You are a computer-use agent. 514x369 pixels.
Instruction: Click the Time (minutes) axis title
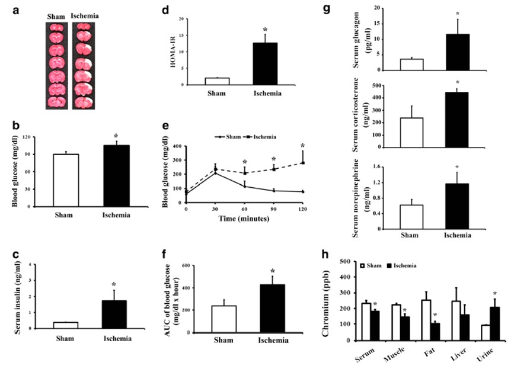245,219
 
